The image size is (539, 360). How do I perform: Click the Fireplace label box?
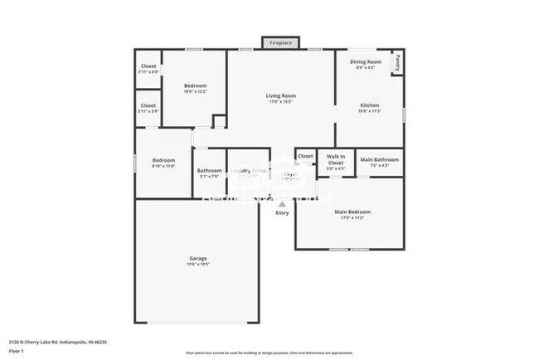(280, 42)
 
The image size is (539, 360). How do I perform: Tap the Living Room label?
(280, 96)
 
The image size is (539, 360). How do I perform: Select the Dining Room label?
(365, 61)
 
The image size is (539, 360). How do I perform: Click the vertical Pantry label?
(398, 61)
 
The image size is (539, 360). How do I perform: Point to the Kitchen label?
(369, 105)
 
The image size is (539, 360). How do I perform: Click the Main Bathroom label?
(380, 159)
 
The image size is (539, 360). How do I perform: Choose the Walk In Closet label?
(335, 159)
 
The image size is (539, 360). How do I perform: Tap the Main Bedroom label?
(352, 212)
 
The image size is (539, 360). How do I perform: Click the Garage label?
(197, 258)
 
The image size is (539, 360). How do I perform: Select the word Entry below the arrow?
(283, 213)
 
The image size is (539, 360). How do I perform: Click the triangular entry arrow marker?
(283, 203)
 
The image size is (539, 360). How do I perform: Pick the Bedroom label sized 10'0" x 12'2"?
(195, 86)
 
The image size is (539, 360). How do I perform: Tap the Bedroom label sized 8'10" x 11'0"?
(163, 160)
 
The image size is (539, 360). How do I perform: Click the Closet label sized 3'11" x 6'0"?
(148, 66)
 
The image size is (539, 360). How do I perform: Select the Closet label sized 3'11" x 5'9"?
(148, 105)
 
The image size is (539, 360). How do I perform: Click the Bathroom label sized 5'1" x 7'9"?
(209, 171)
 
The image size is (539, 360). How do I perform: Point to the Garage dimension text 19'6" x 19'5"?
(197, 265)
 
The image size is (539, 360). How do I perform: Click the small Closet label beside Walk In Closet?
(305, 156)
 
